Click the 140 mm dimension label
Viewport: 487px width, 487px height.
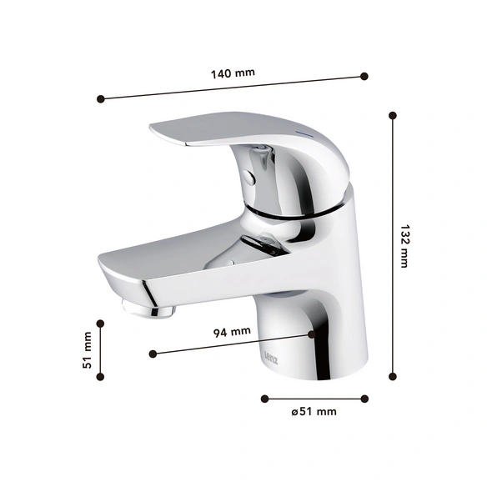[x=233, y=73]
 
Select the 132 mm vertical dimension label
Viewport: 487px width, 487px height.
[x=404, y=246]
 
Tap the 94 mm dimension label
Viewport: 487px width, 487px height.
[x=232, y=332]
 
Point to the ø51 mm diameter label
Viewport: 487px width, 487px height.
[x=314, y=412]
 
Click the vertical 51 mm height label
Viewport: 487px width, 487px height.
[x=88, y=350]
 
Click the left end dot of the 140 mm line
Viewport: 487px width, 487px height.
[x=101, y=99]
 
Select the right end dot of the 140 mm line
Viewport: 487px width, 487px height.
[x=364, y=76]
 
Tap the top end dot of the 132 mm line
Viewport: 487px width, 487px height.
[x=393, y=116]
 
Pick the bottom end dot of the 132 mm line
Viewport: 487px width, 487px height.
[x=393, y=377]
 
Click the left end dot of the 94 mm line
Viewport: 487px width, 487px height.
[x=153, y=354]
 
